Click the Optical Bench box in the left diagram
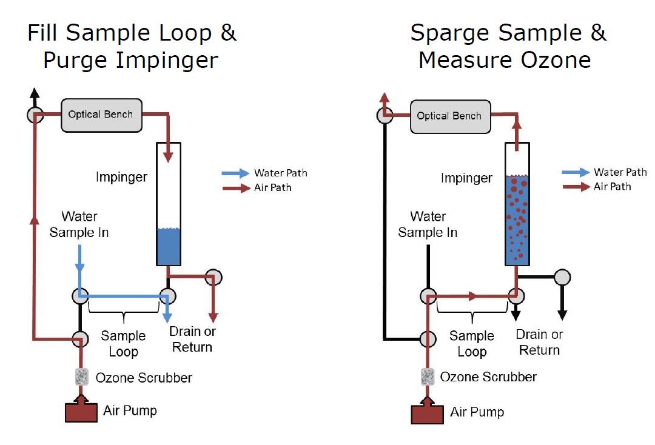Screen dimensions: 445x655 point(101,115)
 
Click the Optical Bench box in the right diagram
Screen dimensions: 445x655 point(449,116)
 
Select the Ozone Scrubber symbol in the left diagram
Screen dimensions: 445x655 point(81,376)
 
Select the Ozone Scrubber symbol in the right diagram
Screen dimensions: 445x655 point(428,377)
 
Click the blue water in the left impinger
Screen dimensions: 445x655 point(169,247)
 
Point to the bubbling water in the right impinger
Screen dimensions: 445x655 point(517,221)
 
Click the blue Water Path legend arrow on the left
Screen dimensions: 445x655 point(235,173)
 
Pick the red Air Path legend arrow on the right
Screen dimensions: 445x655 point(576,187)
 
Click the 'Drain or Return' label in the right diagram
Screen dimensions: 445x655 point(539,342)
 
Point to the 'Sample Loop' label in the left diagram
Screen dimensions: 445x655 point(123,343)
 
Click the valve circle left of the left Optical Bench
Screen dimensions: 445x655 point(35,115)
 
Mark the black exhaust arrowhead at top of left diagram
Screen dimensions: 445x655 point(35,94)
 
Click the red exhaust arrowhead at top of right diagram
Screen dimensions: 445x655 point(384,97)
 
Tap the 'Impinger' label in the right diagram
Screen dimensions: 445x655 point(466,178)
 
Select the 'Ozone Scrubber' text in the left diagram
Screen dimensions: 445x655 point(144,378)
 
